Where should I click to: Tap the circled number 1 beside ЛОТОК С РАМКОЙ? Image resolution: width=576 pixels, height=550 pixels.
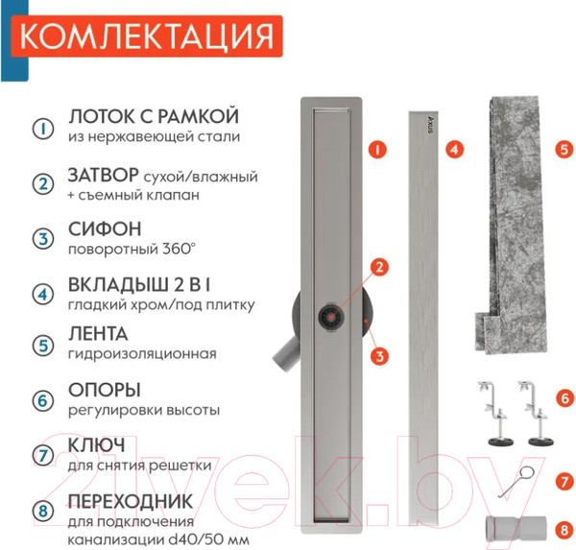click(41, 128)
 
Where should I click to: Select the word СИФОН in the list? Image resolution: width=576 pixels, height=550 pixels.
click(105, 231)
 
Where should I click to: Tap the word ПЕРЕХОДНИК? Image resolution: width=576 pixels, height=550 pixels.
click(137, 501)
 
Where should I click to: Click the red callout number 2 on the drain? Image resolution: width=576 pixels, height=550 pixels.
click(380, 267)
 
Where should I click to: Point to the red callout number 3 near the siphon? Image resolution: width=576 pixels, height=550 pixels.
click(381, 356)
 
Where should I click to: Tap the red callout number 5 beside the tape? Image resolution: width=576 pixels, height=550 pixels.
click(564, 150)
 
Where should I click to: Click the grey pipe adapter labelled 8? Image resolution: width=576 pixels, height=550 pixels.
click(519, 528)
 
